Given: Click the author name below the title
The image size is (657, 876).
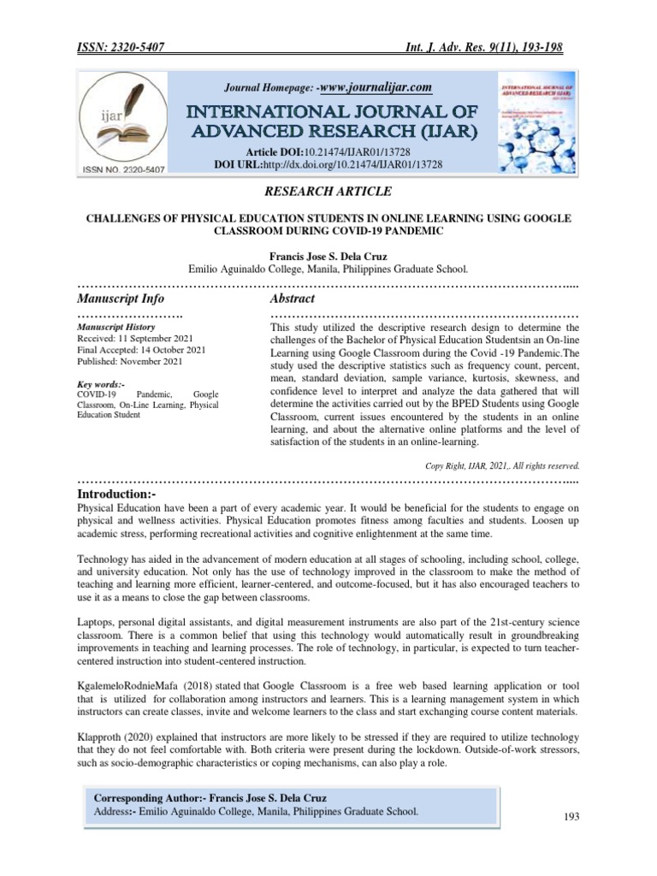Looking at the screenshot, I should click(x=328, y=254).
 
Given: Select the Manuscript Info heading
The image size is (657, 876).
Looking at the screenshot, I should click(x=121, y=299).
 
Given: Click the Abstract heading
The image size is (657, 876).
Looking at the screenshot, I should click(x=293, y=299).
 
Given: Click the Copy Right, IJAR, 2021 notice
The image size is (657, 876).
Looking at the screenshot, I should click(x=502, y=465).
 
